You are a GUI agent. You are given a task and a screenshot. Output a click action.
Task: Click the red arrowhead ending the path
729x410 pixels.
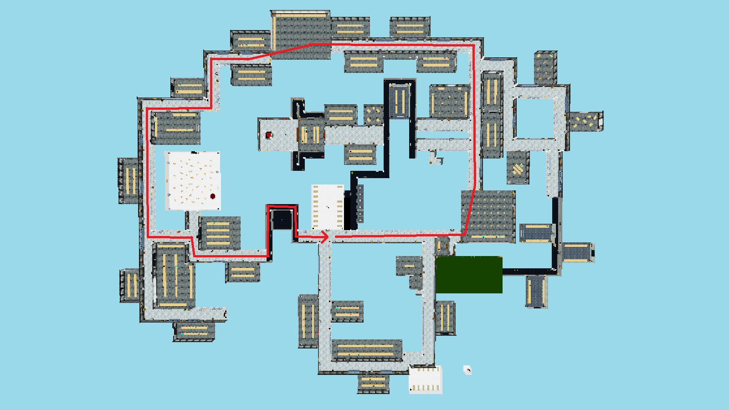325,237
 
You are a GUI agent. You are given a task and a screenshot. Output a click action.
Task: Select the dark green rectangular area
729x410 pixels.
469,275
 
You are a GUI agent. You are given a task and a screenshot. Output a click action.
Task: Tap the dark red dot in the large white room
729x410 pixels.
213,196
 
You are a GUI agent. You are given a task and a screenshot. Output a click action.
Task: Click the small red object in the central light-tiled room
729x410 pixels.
269,135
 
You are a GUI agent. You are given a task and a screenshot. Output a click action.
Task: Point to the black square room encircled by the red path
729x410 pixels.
282,220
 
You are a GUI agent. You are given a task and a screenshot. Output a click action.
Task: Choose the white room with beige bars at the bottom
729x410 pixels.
426,380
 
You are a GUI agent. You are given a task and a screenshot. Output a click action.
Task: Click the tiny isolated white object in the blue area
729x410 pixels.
467,369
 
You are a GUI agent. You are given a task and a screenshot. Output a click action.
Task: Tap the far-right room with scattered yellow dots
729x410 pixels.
585,121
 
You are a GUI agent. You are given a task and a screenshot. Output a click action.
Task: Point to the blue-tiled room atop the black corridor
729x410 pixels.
400,101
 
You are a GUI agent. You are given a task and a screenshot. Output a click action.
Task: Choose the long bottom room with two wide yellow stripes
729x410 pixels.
367,350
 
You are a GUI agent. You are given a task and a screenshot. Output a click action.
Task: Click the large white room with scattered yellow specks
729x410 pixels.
192,180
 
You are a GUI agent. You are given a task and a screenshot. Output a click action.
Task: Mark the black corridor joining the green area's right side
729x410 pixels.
529,272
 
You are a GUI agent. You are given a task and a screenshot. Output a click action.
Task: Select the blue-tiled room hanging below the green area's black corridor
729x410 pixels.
536,292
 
